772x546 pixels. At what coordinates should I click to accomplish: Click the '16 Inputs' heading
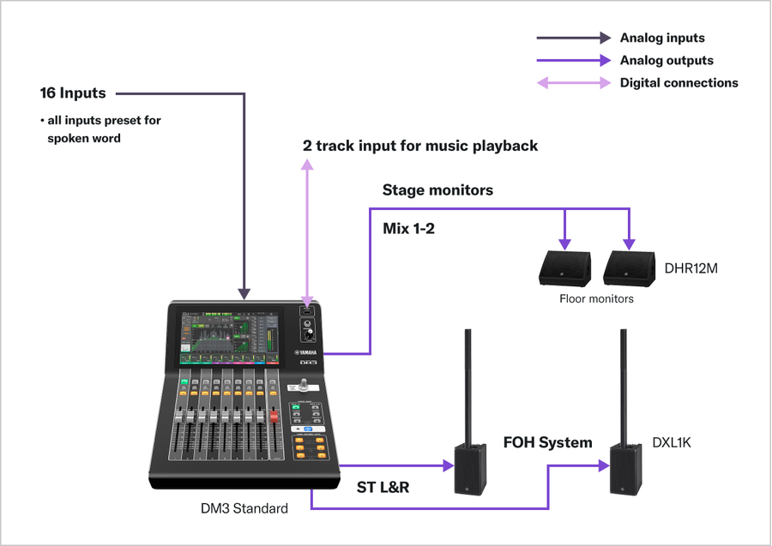pos(73,93)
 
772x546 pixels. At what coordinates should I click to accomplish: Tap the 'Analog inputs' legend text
pos(661,38)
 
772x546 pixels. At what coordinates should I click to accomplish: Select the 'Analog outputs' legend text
pos(666,60)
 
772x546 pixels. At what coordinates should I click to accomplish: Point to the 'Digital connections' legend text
pos(679,83)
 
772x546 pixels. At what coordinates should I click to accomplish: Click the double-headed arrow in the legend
pos(574,83)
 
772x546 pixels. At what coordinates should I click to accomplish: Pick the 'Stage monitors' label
pos(437,190)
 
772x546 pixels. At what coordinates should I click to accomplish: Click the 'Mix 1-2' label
pos(408,229)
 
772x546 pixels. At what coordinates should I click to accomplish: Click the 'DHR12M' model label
pos(691,268)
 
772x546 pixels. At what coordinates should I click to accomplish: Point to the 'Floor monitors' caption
pos(596,299)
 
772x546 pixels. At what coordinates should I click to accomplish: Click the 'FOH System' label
pos(547,443)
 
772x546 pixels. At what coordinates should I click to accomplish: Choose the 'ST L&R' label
pos(383,488)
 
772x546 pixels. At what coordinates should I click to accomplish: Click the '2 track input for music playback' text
pos(420,146)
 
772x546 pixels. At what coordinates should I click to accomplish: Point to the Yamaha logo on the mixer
pos(307,352)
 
